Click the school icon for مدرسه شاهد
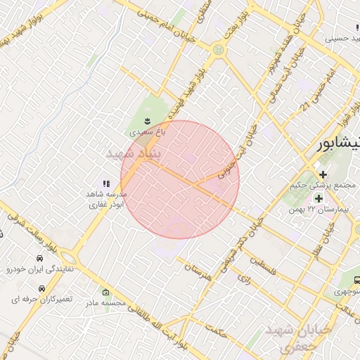(106, 184)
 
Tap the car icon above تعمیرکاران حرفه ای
(42, 288)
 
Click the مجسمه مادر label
(105, 304)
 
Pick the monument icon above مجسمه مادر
(106, 292)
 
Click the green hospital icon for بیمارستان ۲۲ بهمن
(318, 199)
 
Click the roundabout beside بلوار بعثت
(219, 50)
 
